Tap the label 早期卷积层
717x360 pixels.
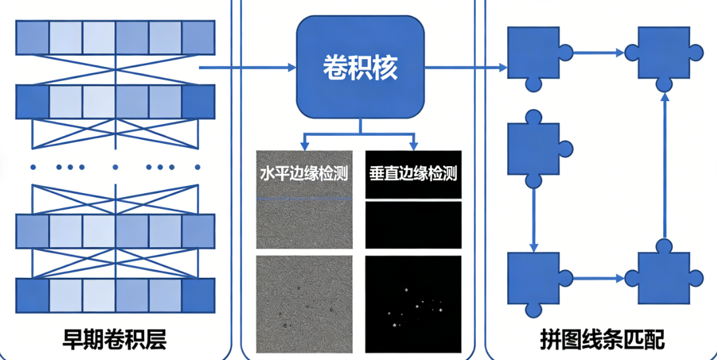click(114, 340)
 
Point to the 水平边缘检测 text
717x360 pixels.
click(303, 174)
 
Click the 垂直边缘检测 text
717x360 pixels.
click(413, 174)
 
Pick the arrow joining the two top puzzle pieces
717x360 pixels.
click(597, 51)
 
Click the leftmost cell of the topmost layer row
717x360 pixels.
click(32, 37)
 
